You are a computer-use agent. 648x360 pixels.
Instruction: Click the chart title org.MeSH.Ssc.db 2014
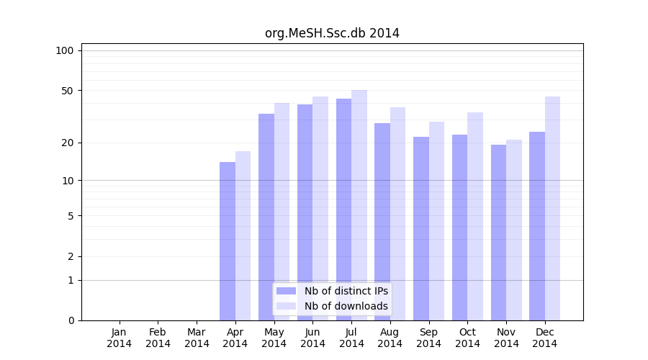point(332,33)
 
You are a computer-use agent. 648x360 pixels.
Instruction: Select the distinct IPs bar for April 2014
point(228,241)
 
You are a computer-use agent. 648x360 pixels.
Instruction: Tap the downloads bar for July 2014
point(359,205)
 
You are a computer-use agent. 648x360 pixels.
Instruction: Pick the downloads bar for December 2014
point(552,209)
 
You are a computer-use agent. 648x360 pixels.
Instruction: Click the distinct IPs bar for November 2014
point(498,233)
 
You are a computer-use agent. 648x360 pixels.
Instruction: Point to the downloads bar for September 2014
point(436,221)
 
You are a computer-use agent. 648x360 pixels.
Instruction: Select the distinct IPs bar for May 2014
point(266,217)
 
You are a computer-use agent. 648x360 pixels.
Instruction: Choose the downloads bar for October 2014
point(475,216)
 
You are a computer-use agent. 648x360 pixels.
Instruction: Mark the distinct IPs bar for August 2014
point(382,222)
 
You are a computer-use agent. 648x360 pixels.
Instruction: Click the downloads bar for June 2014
point(320,209)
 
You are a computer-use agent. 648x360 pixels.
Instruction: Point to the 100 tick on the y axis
point(65,50)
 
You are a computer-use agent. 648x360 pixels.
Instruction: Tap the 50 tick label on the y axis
point(68,91)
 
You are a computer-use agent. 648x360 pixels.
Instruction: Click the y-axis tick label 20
point(68,143)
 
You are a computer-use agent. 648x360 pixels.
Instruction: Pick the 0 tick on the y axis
point(71,320)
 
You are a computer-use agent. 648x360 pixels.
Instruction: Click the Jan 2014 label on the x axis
point(120,338)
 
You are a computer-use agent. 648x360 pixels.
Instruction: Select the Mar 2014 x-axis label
point(197,338)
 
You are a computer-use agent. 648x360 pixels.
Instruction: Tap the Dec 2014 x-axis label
point(545,338)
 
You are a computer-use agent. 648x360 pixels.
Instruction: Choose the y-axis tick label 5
point(71,215)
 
